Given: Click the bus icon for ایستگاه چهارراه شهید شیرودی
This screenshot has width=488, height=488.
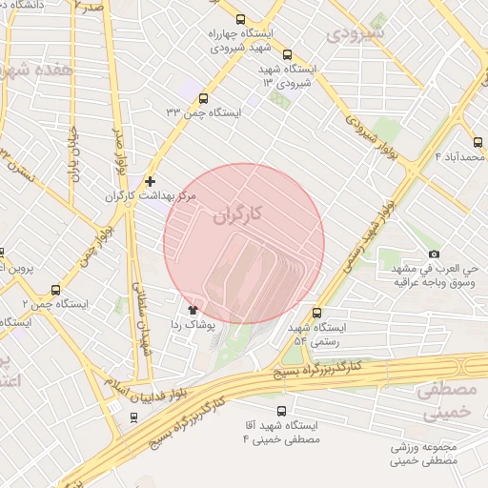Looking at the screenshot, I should [x=240, y=18].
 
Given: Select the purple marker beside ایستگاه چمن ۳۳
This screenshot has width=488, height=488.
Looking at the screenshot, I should [x=203, y=97].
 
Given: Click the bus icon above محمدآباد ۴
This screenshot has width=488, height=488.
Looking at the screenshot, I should [x=478, y=142].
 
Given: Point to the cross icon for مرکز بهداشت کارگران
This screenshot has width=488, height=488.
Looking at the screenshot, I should [x=150, y=180].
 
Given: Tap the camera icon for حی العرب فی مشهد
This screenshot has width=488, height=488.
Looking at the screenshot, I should [x=434, y=254].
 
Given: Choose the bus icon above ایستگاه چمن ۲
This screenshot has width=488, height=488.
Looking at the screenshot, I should [x=54, y=290].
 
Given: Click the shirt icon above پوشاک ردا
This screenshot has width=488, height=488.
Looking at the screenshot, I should [x=193, y=309].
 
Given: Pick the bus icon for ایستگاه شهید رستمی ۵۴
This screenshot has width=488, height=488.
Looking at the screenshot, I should [x=317, y=312].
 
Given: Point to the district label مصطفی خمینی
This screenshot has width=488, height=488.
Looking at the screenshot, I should [x=445, y=401].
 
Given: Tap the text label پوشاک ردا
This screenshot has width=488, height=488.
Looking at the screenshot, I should [x=193, y=325].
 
